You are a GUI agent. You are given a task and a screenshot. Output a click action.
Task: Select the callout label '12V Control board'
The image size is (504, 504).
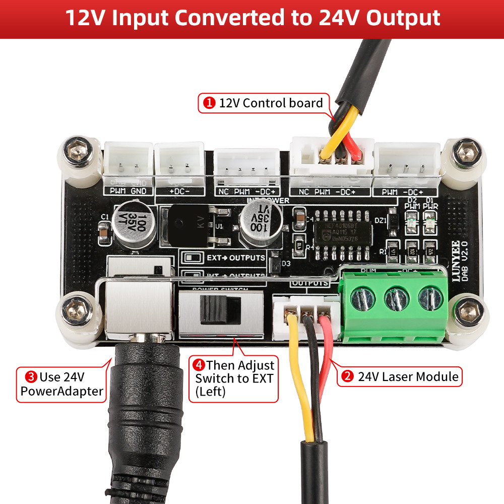pyautogui.click(x=264, y=103)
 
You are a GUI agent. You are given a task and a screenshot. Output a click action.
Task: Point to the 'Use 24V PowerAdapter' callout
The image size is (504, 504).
pyautogui.click(x=62, y=384)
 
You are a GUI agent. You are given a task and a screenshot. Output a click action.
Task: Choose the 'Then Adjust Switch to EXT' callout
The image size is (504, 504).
pyautogui.click(x=234, y=378)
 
